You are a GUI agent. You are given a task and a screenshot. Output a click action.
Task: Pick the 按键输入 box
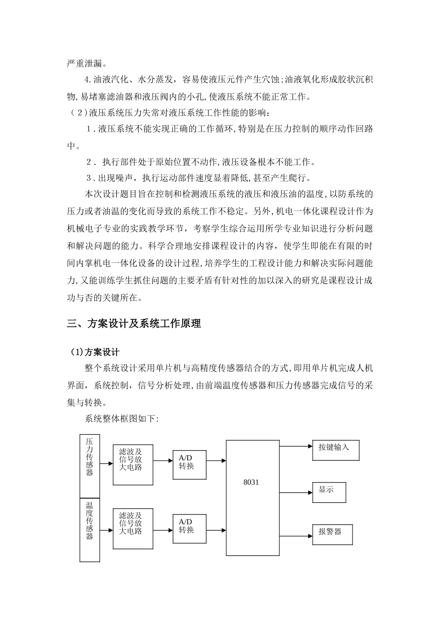point(335,450)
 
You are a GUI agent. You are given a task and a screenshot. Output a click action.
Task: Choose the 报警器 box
point(333,534)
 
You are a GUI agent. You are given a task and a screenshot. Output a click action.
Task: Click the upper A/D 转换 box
point(189,462)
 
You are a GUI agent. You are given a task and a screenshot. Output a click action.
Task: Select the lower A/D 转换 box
point(189,526)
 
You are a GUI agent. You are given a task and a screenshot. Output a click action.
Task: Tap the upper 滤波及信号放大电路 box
point(133,464)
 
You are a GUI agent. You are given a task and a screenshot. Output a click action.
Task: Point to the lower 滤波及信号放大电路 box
point(133,528)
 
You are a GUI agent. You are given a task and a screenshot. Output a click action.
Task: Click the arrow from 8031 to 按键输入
point(296,447)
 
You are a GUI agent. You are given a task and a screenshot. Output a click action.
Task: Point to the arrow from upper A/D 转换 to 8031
point(216,461)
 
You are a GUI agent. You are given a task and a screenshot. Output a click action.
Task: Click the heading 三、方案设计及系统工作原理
point(134,324)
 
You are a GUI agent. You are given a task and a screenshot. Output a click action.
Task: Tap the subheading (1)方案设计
point(94,353)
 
